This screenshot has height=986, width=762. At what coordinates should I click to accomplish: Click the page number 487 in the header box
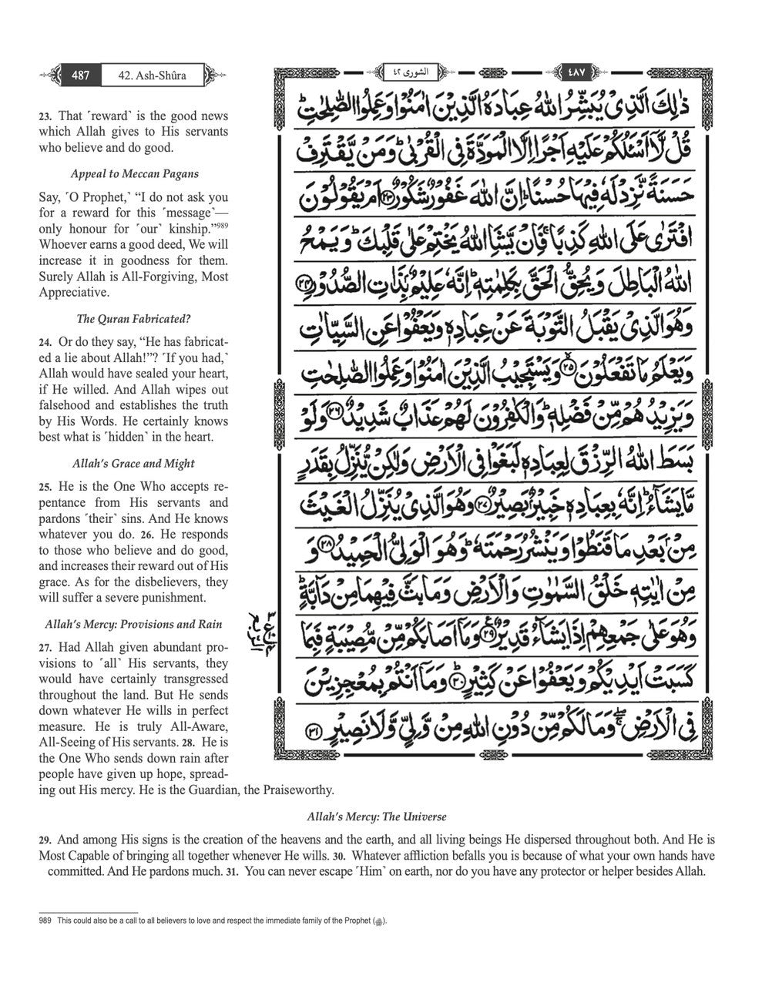(81, 75)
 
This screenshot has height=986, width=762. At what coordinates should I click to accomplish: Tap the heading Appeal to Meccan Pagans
(134, 173)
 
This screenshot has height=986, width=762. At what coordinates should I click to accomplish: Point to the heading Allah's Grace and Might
(134, 463)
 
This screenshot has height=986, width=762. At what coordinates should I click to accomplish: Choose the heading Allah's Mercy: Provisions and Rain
(134, 624)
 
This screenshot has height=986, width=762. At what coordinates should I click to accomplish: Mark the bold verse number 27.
(45, 648)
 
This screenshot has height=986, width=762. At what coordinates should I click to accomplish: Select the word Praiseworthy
(294, 790)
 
